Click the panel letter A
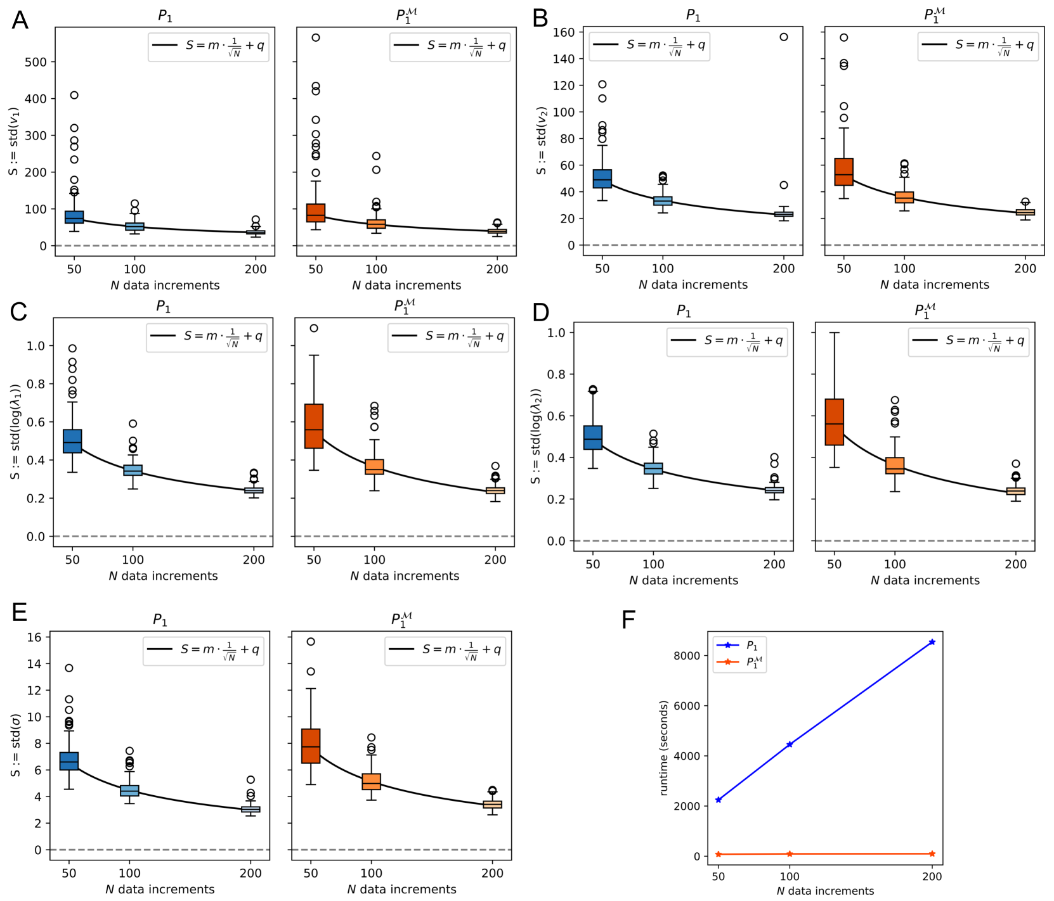click(x=20, y=20)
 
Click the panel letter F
click(x=628, y=620)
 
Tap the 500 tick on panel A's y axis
click(x=36, y=62)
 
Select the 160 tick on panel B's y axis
click(x=564, y=32)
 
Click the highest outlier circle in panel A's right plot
click(x=315, y=38)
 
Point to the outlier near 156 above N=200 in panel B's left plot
click(x=784, y=37)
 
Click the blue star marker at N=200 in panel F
click(x=932, y=642)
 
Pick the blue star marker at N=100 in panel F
click(x=790, y=744)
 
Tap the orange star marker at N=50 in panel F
click(x=719, y=855)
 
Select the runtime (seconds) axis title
click(x=664, y=748)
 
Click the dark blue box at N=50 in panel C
click(x=72, y=441)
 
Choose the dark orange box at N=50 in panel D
click(x=834, y=422)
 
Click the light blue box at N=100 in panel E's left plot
click(x=129, y=791)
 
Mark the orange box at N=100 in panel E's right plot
click(x=371, y=781)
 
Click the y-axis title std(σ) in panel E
click(x=16, y=745)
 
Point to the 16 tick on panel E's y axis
click(x=34, y=637)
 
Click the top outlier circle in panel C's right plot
click(x=314, y=328)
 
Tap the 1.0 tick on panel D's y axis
click(x=556, y=333)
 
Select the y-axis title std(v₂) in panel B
click(x=541, y=140)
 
